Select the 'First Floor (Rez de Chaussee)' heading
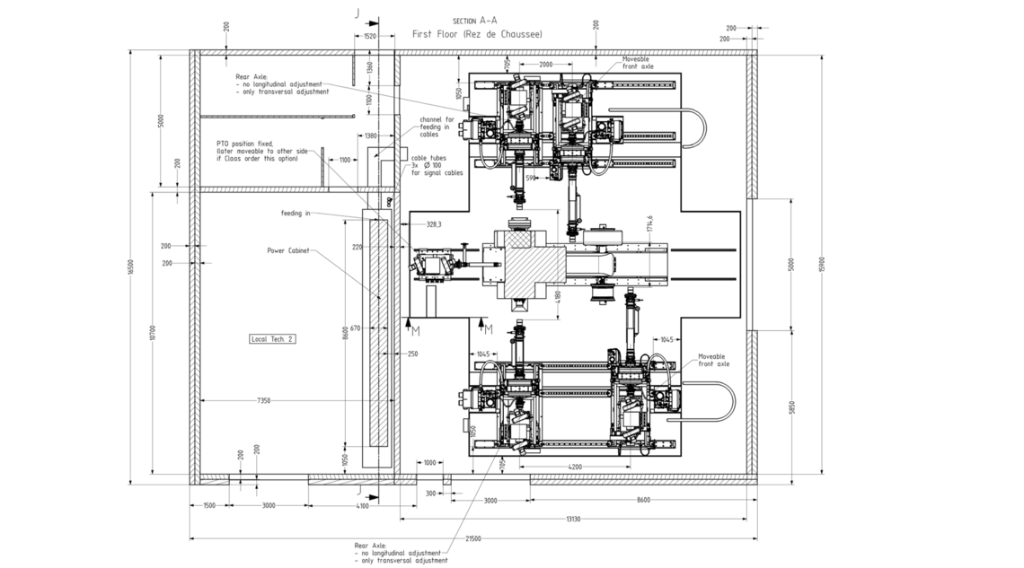click(476, 33)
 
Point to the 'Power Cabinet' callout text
click(288, 251)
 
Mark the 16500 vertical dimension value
click(132, 267)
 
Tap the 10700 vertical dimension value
click(154, 333)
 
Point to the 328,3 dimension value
click(437, 224)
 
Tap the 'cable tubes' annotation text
click(437, 164)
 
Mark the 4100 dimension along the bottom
click(362, 506)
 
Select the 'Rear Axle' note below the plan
click(401, 553)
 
